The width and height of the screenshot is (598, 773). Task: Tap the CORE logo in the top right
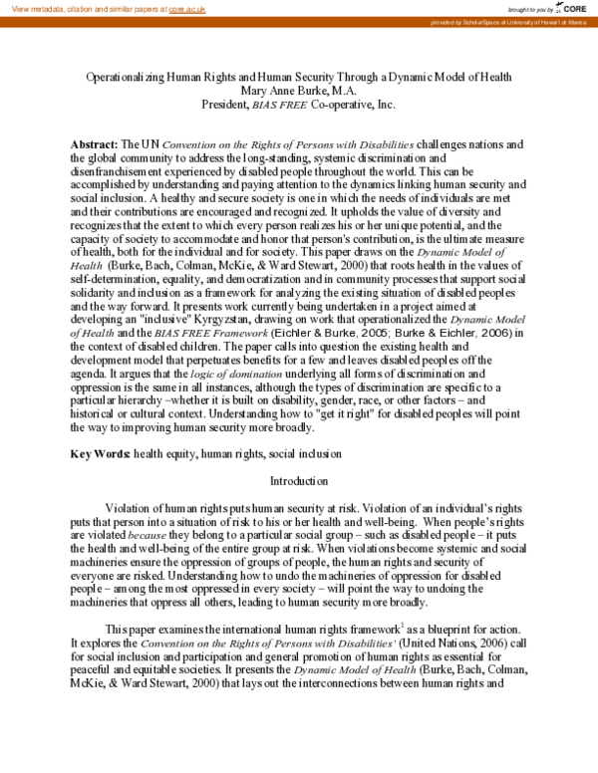click(572, 8)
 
